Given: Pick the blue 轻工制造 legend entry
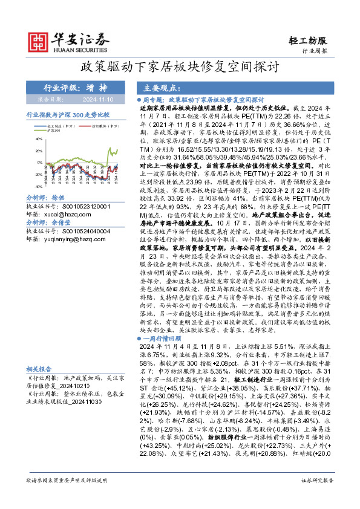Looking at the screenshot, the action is coord(42,126).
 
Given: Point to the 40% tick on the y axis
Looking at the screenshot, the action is coord(39,140).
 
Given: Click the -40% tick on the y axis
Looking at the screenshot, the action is coord(38,187).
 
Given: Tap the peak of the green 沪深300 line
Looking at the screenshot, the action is coord(110,148).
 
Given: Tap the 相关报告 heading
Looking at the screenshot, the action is coord(39,368).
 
